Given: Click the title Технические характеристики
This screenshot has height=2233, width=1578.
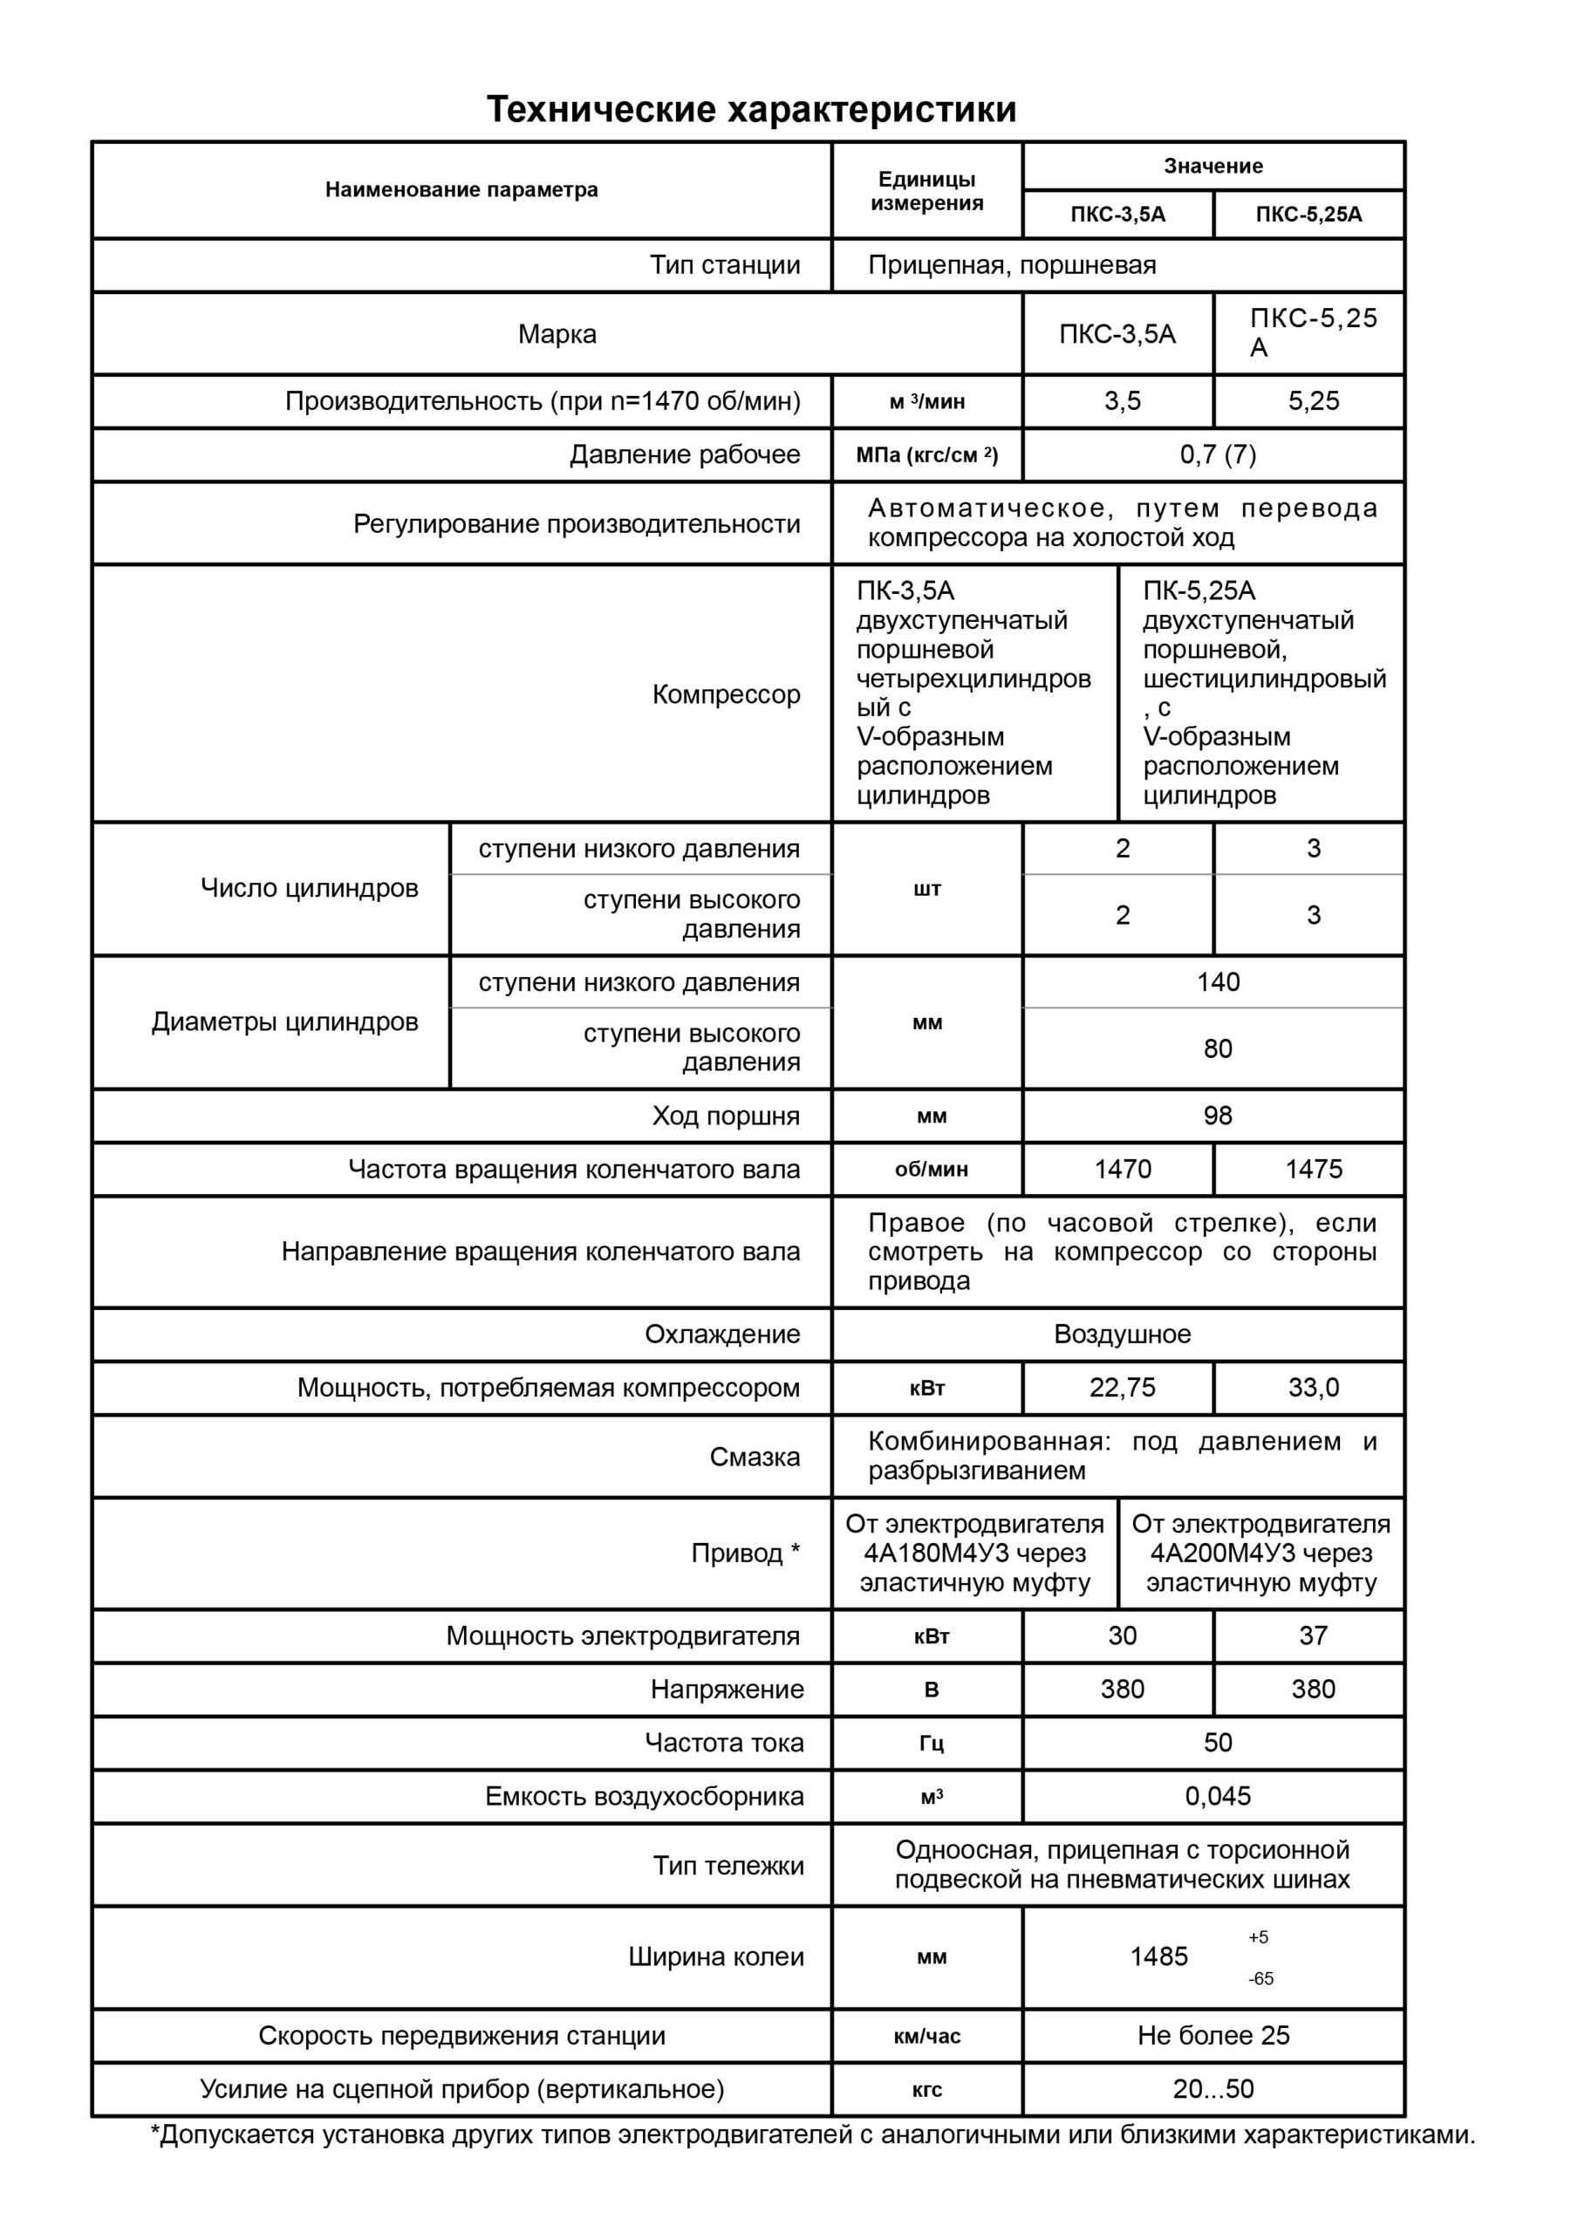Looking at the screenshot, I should pos(751,109).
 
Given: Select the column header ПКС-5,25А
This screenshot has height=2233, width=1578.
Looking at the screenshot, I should pos(1308,215).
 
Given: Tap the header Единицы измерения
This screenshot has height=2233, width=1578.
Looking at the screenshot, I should pos(926,191).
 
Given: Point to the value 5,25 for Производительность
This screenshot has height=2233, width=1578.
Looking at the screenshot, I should pos(1314,400).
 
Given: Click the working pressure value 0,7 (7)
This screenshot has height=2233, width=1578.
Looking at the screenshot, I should pos(1217,454).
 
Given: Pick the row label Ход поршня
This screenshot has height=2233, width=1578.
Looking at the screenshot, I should pos(726,1116).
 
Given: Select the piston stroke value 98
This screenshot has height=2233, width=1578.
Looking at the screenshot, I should pos(1217,1116).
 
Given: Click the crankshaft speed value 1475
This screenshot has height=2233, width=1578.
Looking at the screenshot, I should pos(1314,1169).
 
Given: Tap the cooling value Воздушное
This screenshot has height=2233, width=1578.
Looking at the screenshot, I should pos(1122,1334).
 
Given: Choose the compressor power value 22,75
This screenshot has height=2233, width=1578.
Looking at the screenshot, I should pos(1122,1387).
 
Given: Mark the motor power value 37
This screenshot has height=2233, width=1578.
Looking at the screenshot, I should pos(1314,1635).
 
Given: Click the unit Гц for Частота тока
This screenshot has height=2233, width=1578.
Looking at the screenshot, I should pos(931,1743).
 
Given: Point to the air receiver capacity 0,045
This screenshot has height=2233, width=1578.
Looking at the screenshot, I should pos(1217,1796).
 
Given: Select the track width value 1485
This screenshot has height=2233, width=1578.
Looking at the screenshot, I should pos(1158,1956).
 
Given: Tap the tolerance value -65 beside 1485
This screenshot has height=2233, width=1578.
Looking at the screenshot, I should pos(1260,1978).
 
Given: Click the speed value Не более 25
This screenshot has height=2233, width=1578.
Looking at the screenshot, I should pos(1213,2036).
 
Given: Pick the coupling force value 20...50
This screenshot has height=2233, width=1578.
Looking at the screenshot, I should pos(1213,2089).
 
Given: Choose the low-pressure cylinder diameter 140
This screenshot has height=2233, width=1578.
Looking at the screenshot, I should pos(1217,982).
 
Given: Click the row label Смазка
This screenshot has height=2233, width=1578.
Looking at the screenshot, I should pos(754,1457).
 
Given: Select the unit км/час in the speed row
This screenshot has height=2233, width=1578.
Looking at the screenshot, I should pos(927,2037).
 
